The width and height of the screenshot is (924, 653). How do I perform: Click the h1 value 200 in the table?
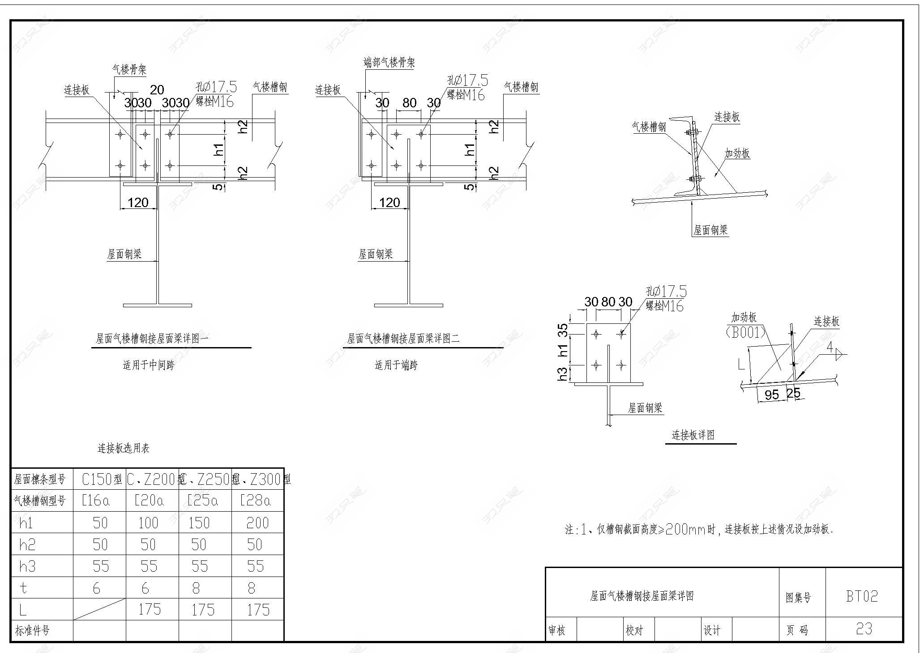pyautogui.click(x=257, y=523)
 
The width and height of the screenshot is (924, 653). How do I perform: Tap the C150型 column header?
pyautogui.click(x=102, y=480)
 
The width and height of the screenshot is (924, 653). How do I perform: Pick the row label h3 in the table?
pyautogui.click(x=27, y=567)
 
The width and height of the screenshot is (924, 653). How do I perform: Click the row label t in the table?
pyautogui.click(x=24, y=588)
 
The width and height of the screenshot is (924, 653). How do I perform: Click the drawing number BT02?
pyautogui.click(x=862, y=596)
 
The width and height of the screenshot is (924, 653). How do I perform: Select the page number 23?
pyautogui.click(x=864, y=629)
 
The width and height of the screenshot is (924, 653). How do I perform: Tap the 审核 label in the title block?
pyautogui.click(x=557, y=631)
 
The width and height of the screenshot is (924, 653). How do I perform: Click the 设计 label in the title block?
pyautogui.click(x=712, y=631)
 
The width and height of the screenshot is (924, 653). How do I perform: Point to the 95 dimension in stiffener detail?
pyautogui.click(x=771, y=394)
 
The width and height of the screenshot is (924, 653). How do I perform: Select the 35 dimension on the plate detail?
pyautogui.click(x=564, y=330)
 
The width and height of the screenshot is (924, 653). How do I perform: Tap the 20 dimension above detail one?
pyautogui.click(x=157, y=90)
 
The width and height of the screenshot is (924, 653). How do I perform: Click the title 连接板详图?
pyautogui.click(x=693, y=435)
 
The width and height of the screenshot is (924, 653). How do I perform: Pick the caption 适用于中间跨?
pyautogui.click(x=149, y=365)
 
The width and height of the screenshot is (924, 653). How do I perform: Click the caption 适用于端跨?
pyautogui.click(x=396, y=365)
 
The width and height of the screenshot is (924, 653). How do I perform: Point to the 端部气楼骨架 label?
pyautogui.click(x=389, y=63)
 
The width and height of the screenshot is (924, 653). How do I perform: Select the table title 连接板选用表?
pyautogui.click(x=124, y=448)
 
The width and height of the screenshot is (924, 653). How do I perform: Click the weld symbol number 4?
pyautogui.click(x=830, y=347)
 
